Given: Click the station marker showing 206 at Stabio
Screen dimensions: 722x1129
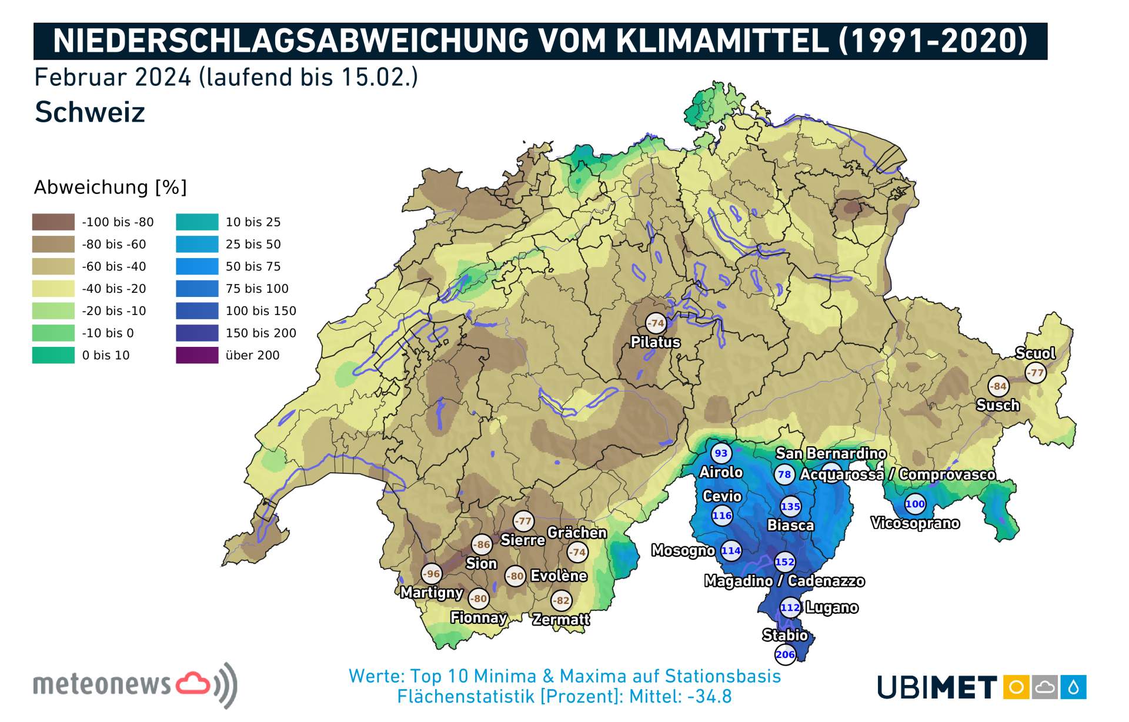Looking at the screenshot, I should tap(785, 654).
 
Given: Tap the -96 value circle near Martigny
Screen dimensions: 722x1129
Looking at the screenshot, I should tap(432, 574).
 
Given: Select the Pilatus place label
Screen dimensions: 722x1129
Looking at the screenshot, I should tap(655, 342).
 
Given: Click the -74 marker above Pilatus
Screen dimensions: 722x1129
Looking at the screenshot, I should tap(656, 323).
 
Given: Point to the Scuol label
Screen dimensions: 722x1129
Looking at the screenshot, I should tap(1035, 353).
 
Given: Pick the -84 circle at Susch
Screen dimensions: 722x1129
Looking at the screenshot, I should tap(998, 386).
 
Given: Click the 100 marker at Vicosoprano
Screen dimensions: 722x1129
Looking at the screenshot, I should tap(915, 504).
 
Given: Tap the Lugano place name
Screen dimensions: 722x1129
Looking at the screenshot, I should tap(831, 607).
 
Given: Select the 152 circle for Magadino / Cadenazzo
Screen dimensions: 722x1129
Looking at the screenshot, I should tap(784, 561).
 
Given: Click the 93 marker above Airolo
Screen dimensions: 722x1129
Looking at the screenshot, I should tap(721, 453).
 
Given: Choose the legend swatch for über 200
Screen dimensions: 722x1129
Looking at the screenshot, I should tap(197, 355).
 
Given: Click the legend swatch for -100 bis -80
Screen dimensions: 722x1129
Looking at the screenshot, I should tap(54, 222).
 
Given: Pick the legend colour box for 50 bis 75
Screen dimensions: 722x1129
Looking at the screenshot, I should tap(197, 266).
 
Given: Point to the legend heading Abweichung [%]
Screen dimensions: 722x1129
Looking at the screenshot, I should tap(111, 187).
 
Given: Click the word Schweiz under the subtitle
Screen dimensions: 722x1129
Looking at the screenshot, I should tap(90, 112).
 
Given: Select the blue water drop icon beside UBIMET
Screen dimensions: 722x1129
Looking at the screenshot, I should tap(1073, 687).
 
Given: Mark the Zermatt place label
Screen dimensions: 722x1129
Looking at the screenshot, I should tap(561, 619).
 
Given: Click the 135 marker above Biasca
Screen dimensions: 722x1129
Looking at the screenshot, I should tap(790, 506).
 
